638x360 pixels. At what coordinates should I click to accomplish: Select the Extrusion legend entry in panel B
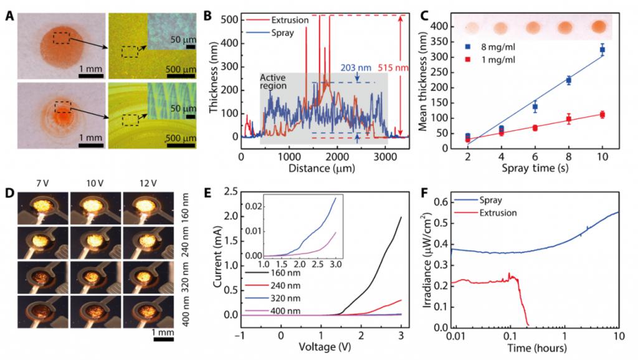point(287,20)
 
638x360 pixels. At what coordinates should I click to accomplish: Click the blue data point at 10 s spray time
point(602,49)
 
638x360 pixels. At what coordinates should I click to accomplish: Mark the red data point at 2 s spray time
point(468,140)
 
